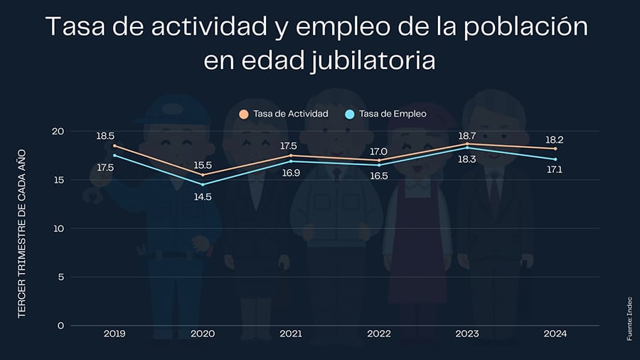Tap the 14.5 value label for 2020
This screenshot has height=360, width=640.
click(x=203, y=196)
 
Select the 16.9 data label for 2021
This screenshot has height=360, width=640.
click(x=290, y=172)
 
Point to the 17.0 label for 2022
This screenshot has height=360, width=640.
click(x=378, y=151)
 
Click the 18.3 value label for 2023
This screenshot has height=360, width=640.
click(x=466, y=159)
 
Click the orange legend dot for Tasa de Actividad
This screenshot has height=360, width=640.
click(x=244, y=114)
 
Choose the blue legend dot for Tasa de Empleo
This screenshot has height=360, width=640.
click(x=349, y=114)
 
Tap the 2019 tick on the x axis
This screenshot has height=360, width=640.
click(x=114, y=333)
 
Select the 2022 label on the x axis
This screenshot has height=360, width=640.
click(x=378, y=333)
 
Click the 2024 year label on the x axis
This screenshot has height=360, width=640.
click(x=555, y=333)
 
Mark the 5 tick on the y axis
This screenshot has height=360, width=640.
click(x=60, y=277)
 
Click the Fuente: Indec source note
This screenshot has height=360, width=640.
click(x=629, y=317)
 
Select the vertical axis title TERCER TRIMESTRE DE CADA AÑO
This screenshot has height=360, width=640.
click(x=22, y=232)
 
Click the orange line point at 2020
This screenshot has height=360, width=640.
click(x=203, y=175)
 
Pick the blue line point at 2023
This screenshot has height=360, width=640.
click(x=466, y=147)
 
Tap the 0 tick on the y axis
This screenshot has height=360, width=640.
click(x=60, y=325)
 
